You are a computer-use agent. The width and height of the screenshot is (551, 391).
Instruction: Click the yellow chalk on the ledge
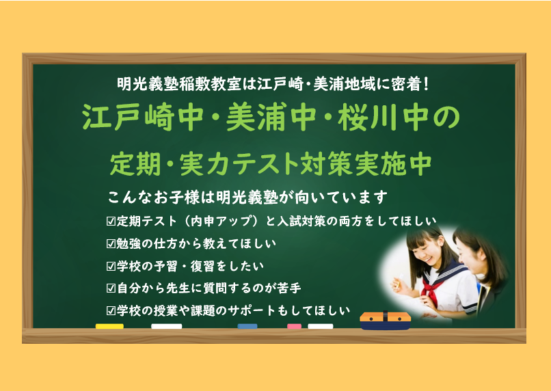(109, 326)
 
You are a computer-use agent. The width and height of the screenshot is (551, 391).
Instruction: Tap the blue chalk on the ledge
(247, 326)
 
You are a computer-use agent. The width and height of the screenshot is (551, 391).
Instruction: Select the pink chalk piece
(294, 326)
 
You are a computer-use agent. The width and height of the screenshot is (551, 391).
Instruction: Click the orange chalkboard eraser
(385, 321)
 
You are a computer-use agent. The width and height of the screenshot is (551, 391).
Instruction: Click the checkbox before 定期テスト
(111, 221)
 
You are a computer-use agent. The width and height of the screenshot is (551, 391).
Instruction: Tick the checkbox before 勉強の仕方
(111, 244)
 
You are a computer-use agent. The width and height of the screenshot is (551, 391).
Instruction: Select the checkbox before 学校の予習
(111, 267)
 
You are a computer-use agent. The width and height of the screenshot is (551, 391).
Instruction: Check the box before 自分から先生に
(111, 288)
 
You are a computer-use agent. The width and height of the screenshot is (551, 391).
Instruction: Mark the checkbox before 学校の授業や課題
(111, 310)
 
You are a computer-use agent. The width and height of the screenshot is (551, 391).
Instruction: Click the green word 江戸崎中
(143, 117)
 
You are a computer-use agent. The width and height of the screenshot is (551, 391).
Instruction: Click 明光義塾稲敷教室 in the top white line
(179, 84)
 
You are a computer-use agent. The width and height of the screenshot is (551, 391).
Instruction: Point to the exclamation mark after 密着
(427, 84)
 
